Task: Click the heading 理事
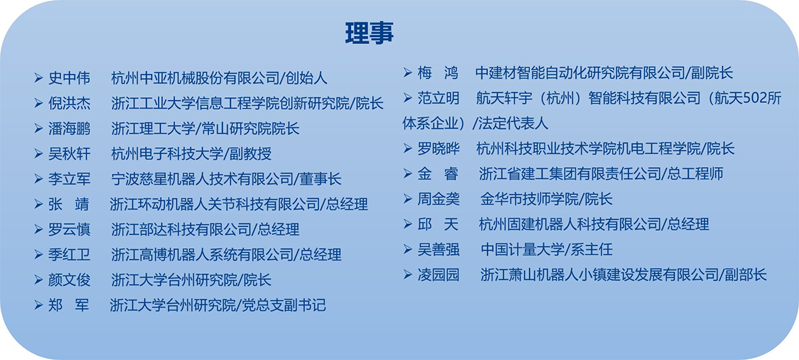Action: tap(369, 33)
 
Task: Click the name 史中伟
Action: tap(69, 78)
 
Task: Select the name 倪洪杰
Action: tap(69, 103)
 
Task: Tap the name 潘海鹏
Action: tap(69, 128)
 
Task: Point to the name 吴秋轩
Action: tap(69, 154)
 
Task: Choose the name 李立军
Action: tap(69, 179)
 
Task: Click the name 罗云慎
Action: tap(69, 230)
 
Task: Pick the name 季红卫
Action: tap(69, 255)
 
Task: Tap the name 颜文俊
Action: tap(69, 280)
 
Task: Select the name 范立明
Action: tap(438, 98)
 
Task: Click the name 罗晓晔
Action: tap(438, 148)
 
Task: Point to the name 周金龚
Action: tap(438, 199)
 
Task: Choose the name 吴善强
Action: tap(438, 250)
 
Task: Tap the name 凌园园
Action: tap(438, 275)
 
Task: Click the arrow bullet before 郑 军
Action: tap(39, 305)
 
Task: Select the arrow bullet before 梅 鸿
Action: tap(407, 73)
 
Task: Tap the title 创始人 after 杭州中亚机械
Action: tap(306, 78)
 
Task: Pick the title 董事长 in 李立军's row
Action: tap(320, 179)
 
